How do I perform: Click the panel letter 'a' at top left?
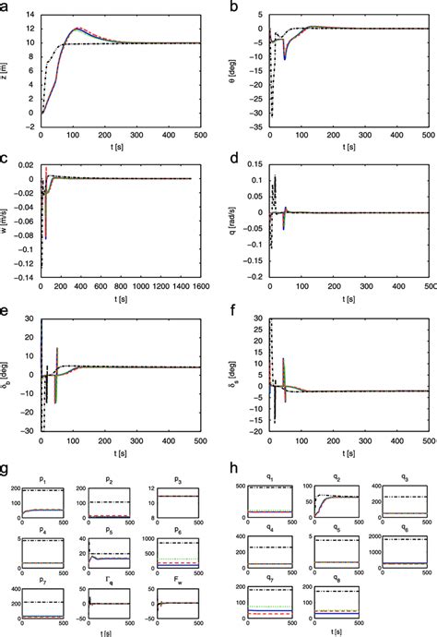click(6, 7)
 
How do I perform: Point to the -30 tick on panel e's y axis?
click(30, 430)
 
